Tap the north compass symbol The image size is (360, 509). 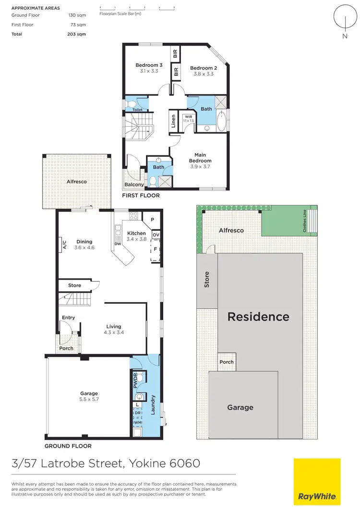(x=344, y=19)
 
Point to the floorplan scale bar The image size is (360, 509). (x=137, y=9)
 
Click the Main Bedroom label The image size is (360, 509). (x=200, y=158)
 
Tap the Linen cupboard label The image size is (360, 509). (x=172, y=123)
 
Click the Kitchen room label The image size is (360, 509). (x=136, y=233)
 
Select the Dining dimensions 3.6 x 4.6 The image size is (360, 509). (x=84, y=248)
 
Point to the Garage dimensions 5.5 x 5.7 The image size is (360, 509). (x=89, y=399)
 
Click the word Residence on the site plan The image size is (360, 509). (x=258, y=317)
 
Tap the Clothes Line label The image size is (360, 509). (x=304, y=222)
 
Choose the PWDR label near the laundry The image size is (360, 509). (x=135, y=380)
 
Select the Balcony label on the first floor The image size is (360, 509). (x=134, y=185)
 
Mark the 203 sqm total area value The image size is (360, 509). (x=78, y=34)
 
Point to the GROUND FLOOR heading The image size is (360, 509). (x=68, y=446)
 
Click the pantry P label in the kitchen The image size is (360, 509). (x=152, y=220)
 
